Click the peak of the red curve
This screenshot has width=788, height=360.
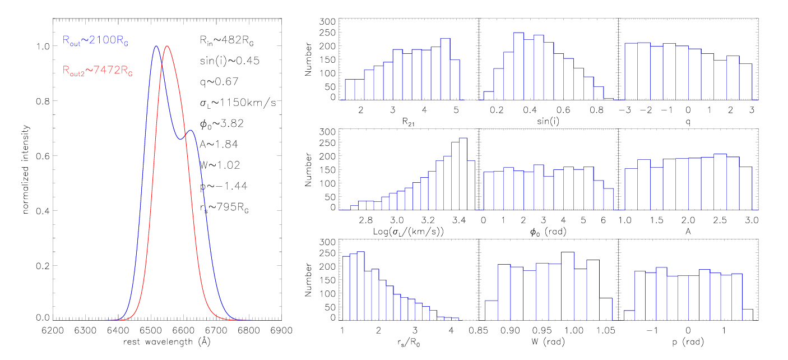166,47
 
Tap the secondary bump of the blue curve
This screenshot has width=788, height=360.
190,131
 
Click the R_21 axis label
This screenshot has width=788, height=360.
407,123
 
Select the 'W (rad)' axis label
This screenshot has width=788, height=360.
547,341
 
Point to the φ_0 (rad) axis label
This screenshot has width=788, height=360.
546,232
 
